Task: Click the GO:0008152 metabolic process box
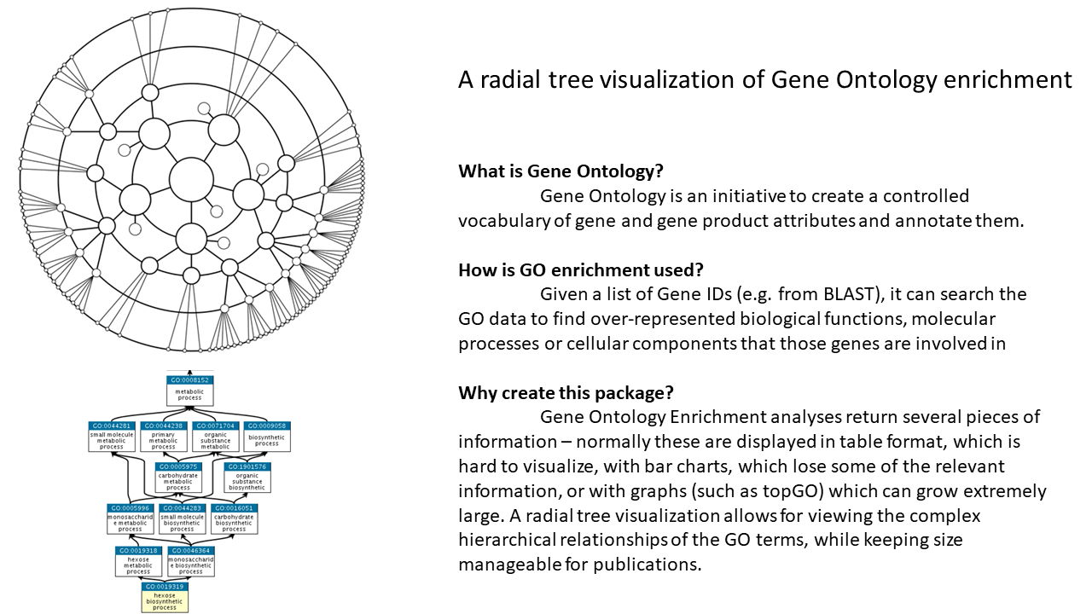click(x=189, y=391)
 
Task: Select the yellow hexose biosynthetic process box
click(x=164, y=598)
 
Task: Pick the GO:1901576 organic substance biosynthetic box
click(x=247, y=478)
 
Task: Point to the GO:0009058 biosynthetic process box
click(x=267, y=437)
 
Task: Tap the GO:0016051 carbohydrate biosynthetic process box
click(x=234, y=518)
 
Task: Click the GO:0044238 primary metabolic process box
click(x=163, y=437)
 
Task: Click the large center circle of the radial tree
click(x=191, y=179)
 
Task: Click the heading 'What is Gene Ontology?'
click(x=561, y=171)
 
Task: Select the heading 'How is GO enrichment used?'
click(x=580, y=269)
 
